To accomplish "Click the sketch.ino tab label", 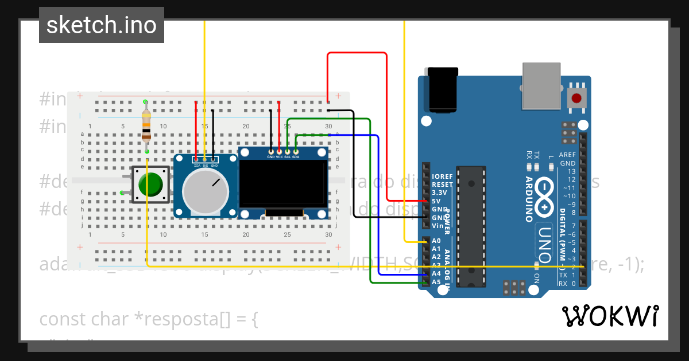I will pos(101,25).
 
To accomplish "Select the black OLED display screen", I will pos(284,184).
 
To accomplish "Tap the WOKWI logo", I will pos(610,316).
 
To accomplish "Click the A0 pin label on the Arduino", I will pos(436,241).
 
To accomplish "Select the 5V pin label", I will pos(436,201).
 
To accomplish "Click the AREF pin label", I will pos(567,155).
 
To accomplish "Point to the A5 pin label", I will pos(436,282).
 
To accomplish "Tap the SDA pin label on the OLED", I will pos(296,156).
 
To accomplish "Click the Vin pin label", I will pos(438,226).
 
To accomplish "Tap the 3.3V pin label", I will pos(440,193).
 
